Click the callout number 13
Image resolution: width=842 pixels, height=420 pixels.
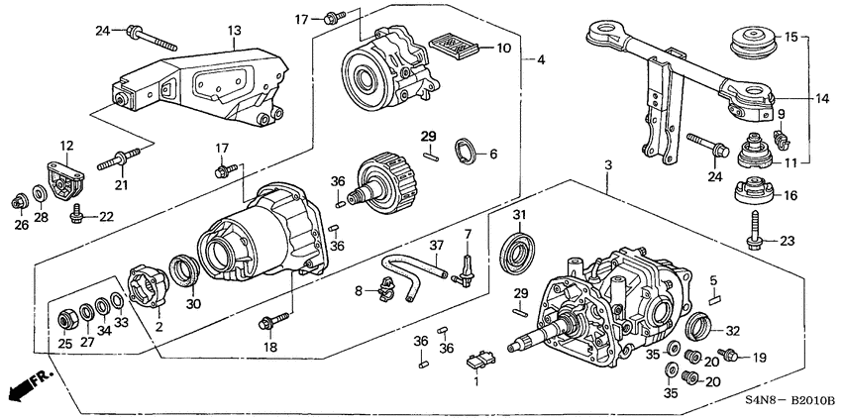pyautogui.click(x=235, y=32)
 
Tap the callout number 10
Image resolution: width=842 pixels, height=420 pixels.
pyautogui.click(x=504, y=48)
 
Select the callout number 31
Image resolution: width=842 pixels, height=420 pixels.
pyautogui.click(x=521, y=216)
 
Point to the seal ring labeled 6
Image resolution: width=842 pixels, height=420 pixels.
pyautogui.click(x=464, y=153)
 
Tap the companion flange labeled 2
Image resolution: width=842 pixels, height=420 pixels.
pyautogui.click(x=148, y=285)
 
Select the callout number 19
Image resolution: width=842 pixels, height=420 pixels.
pyautogui.click(x=761, y=357)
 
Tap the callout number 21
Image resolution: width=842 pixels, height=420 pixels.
pyautogui.click(x=122, y=185)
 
